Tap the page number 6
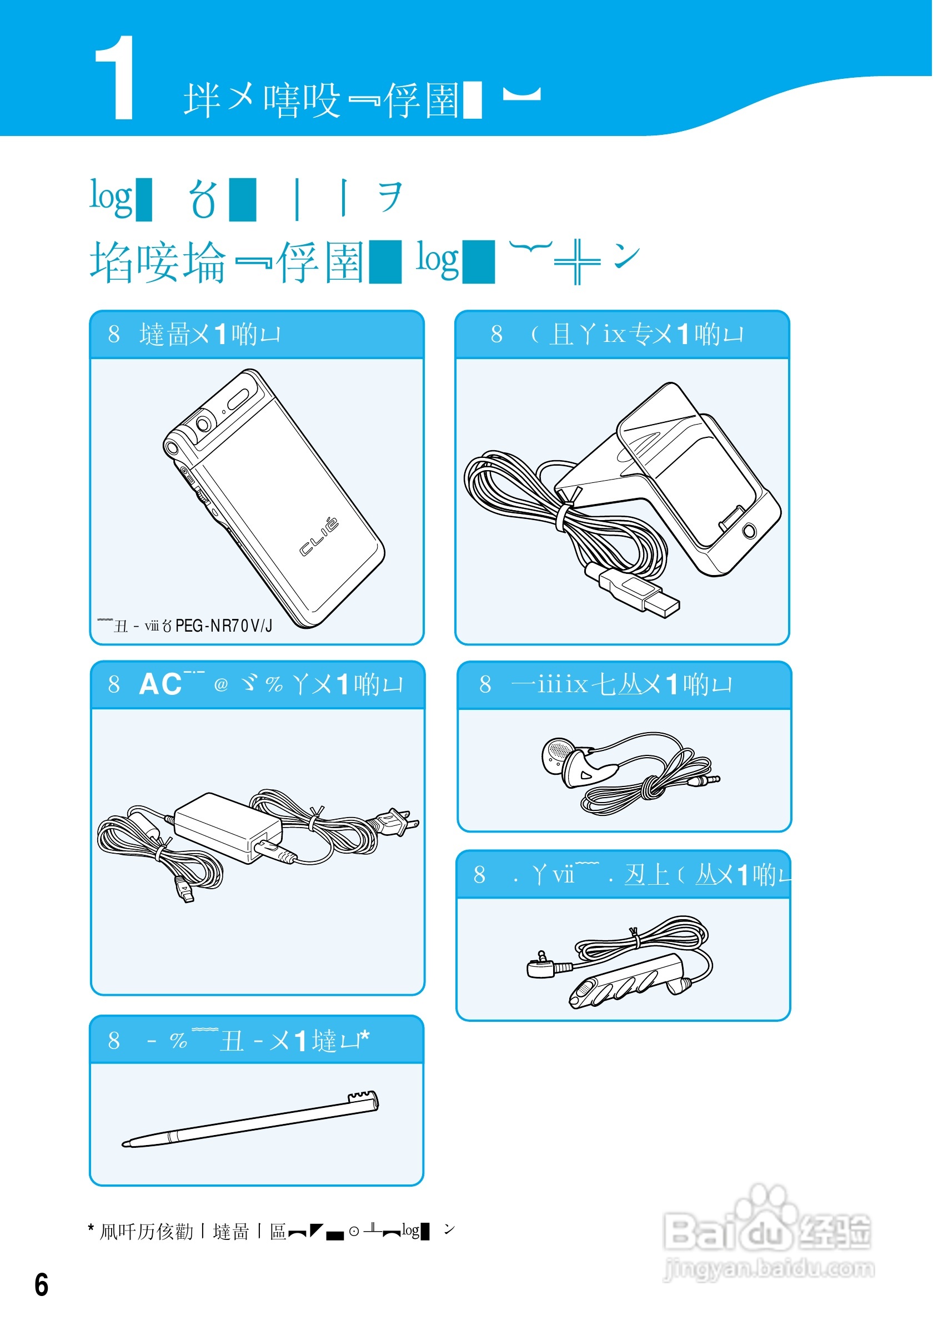42,1285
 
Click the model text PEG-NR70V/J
224,626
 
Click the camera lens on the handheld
203,424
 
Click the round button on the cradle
749,530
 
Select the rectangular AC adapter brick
227,828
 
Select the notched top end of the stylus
364,1098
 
